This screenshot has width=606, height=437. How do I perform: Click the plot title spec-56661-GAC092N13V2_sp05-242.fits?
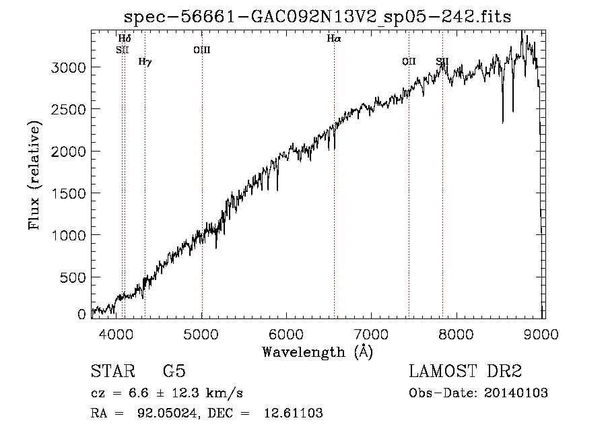click(317, 17)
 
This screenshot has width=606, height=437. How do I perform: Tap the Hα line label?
click(334, 38)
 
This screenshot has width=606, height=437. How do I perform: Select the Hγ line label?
click(145, 62)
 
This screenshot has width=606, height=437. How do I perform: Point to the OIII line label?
click(202, 50)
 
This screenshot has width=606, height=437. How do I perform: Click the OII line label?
click(409, 61)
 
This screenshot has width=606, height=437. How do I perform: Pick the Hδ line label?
click(125, 38)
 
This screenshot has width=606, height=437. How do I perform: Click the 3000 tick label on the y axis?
click(69, 67)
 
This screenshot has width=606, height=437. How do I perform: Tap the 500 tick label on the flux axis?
click(73, 277)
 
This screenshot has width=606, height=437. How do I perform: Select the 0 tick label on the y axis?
click(81, 314)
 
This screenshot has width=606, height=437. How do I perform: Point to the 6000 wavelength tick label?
click(286, 334)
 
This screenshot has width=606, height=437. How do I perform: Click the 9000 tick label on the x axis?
click(541, 334)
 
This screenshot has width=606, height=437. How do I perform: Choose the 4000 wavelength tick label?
click(116, 334)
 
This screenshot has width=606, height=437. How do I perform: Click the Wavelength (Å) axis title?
click(318, 352)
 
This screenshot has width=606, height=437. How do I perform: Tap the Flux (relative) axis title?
click(34, 175)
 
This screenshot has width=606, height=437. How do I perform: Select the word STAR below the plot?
click(113, 371)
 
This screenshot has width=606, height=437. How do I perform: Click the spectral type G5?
click(174, 371)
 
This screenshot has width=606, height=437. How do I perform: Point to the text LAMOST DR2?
click(465, 371)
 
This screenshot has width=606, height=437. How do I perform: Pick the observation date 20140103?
click(516, 393)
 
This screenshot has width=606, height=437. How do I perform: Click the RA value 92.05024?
click(167, 413)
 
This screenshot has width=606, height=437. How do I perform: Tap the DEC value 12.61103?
click(294, 413)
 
